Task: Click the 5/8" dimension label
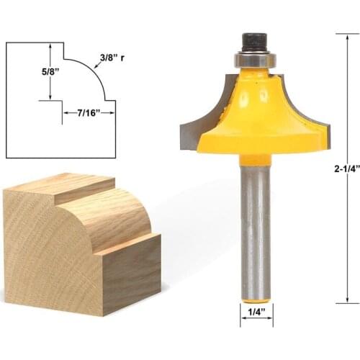[x=31, y=72]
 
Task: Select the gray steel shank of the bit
[x=255, y=216]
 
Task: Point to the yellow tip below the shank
[x=256, y=296]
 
